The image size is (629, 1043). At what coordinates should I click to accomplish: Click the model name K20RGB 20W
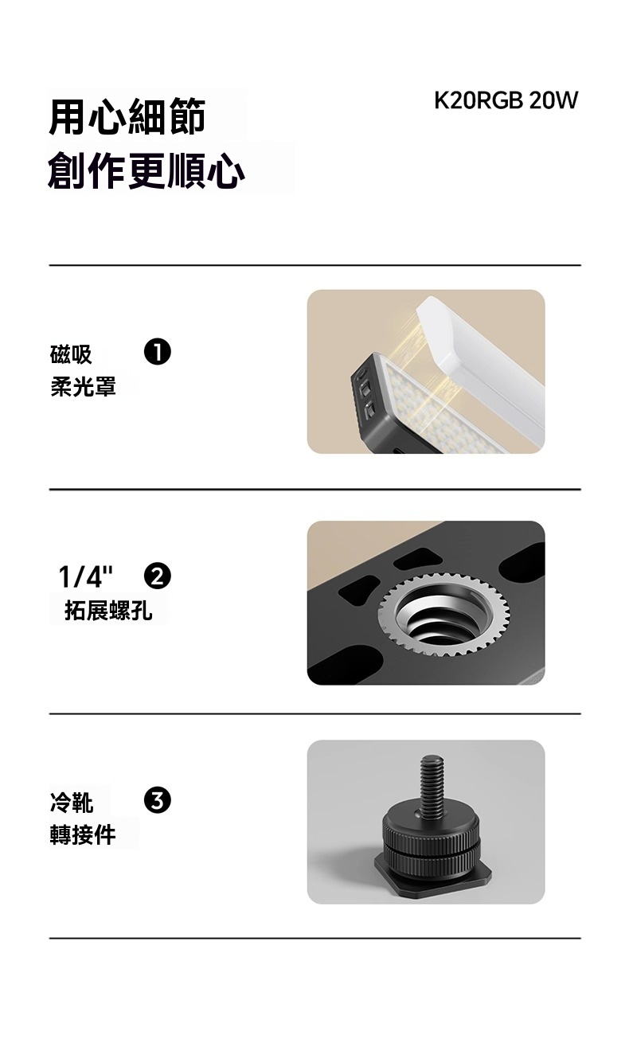click(506, 100)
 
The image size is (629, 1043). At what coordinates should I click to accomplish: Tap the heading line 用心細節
click(127, 116)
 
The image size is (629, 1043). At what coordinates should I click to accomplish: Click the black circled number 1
click(158, 352)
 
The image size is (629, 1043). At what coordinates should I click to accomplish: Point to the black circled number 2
click(158, 576)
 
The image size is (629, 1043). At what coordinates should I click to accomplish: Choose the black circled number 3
click(158, 800)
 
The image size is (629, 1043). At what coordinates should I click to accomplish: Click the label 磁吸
click(71, 354)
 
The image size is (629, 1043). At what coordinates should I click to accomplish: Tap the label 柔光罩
click(83, 386)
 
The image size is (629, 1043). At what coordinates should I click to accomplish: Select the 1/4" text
click(86, 576)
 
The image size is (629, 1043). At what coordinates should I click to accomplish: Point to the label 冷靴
click(71, 803)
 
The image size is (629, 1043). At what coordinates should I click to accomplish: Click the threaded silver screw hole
click(443, 615)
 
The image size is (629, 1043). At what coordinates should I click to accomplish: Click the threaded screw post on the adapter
click(432, 787)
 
